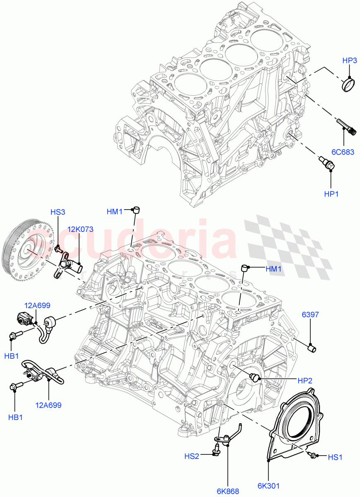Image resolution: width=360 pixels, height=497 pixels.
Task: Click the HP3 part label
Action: tap(350, 60)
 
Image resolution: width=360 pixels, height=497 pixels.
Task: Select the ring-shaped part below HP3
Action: tap(349, 84)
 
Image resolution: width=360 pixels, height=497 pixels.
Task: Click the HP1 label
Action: tap(331, 193)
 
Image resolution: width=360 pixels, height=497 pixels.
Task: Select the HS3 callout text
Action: tap(58, 212)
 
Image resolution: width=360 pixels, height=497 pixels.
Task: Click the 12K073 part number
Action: tap(80, 229)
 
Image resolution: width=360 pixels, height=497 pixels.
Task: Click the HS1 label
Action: tap(335, 457)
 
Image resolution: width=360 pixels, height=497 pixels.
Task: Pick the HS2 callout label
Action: tap(192, 456)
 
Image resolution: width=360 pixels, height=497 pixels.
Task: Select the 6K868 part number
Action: tap(228, 491)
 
